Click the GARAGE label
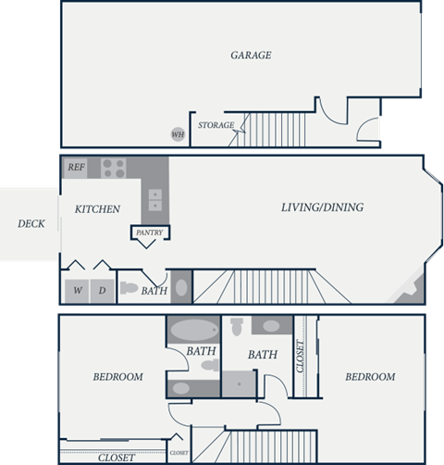[x=251, y=56]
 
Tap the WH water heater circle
[x=178, y=134]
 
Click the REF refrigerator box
[x=75, y=168]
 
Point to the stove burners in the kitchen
[x=113, y=168]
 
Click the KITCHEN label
[x=98, y=209]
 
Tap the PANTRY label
[x=148, y=232]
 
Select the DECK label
[x=31, y=223]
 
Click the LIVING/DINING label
[x=322, y=207]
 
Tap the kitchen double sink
[x=154, y=199]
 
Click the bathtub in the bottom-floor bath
[x=191, y=331]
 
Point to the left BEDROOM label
[x=117, y=377]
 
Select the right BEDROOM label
[x=370, y=377]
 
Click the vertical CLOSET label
[x=300, y=357]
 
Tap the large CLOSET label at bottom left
[x=116, y=458]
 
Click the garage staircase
[x=273, y=125]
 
